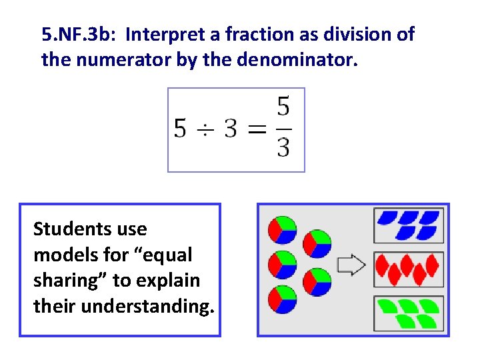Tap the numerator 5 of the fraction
(283, 107)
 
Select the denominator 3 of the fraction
(283, 147)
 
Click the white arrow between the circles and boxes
(351, 265)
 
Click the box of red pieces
(409, 269)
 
